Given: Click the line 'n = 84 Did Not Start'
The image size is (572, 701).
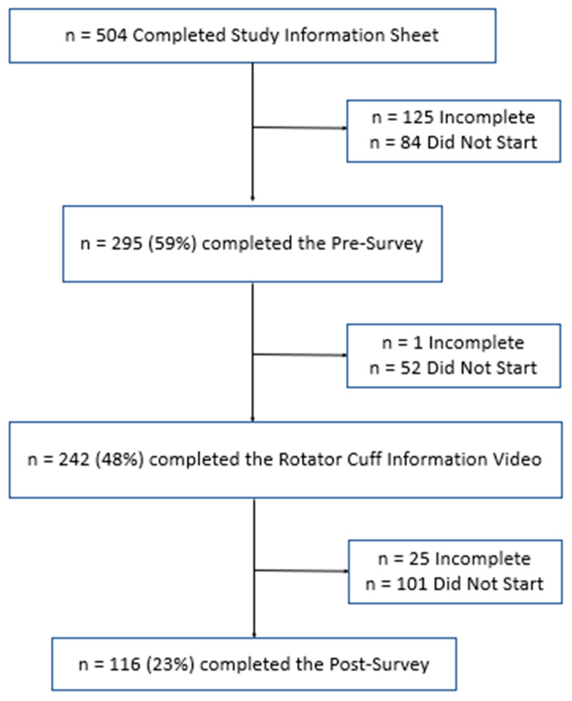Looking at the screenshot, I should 453,143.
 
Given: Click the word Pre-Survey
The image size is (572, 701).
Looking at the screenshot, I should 377,243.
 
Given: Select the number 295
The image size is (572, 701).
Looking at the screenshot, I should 127,243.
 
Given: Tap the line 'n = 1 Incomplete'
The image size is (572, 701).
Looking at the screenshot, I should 453,343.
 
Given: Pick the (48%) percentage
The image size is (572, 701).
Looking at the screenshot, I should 119,459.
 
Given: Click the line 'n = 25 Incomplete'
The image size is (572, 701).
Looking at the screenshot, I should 454,559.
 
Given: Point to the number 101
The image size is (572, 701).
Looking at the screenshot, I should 412,584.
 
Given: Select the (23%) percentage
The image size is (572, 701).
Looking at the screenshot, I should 171,664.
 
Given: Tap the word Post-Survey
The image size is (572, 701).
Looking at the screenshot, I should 379,664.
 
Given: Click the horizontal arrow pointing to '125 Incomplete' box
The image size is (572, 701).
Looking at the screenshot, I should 300,128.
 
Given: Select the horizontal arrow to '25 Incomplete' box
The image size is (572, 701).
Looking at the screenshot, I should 301,570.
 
